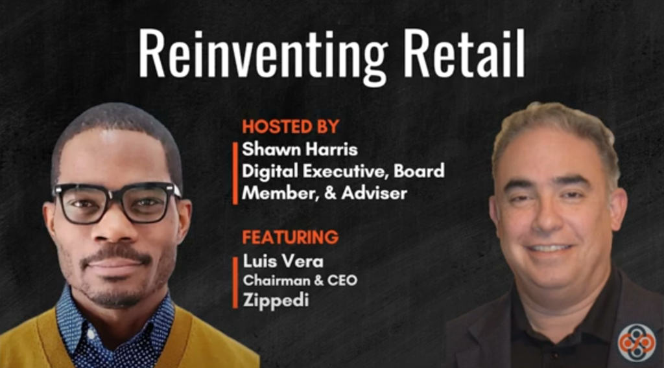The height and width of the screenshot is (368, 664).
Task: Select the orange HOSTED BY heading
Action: (290, 126)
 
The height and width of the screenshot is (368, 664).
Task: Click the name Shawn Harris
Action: (300, 149)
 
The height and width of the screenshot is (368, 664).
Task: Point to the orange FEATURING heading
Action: (290, 237)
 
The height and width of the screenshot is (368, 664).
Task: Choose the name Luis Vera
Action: (283, 261)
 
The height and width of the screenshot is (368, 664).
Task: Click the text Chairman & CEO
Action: (300, 280)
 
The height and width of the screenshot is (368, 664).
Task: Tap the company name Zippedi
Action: (276, 301)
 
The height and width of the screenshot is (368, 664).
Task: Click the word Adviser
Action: (374, 193)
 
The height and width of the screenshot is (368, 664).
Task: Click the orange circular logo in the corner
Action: (636, 343)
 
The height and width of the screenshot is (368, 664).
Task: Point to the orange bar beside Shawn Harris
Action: (235, 174)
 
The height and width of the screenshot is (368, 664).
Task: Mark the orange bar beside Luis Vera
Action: (235, 282)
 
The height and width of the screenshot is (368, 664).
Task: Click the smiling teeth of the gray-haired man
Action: (550, 248)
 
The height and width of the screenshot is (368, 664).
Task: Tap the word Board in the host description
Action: (420, 171)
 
